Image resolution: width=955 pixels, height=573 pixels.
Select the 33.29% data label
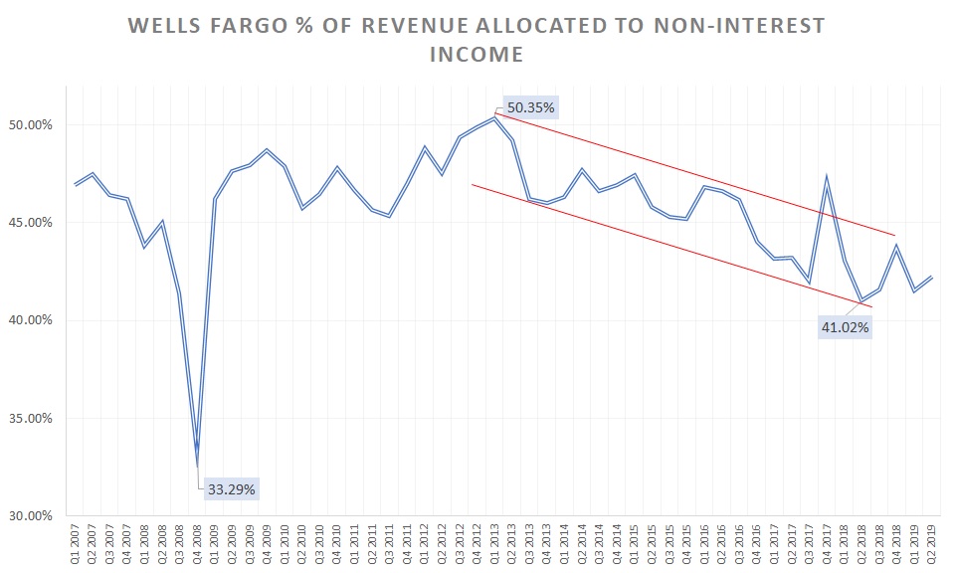pos(232,489)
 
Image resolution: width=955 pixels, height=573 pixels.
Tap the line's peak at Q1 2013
pos(493,118)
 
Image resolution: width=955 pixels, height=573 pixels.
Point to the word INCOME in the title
pos(477,55)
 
